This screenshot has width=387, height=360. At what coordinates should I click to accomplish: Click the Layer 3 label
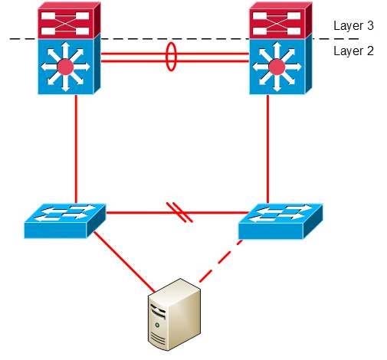click(x=353, y=25)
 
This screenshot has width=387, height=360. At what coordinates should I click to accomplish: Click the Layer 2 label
click(x=353, y=51)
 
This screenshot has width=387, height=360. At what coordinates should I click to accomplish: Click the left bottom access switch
click(x=65, y=221)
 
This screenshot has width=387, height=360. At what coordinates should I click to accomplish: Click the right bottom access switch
click(x=280, y=221)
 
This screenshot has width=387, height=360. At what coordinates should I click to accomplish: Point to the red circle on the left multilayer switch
click(x=65, y=67)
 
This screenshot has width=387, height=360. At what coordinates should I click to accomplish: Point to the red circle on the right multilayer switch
click(x=277, y=67)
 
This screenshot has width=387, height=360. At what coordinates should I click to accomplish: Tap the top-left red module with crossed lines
click(x=69, y=20)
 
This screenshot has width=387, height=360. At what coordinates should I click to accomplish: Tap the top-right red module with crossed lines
click(x=280, y=20)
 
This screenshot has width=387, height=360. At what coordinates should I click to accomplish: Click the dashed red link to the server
click(x=221, y=260)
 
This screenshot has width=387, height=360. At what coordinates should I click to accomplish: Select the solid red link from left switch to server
click(x=124, y=261)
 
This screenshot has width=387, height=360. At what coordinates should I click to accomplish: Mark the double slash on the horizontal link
click(x=179, y=212)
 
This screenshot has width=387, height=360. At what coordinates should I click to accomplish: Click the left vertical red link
click(x=76, y=149)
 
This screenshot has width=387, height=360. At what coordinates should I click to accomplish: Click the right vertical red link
click(x=267, y=149)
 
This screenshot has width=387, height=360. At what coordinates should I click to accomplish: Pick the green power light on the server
click(x=157, y=325)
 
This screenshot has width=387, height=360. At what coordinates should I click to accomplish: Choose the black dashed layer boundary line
click(x=184, y=39)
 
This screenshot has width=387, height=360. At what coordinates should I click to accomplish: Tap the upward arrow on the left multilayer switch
click(x=66, y=51)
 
